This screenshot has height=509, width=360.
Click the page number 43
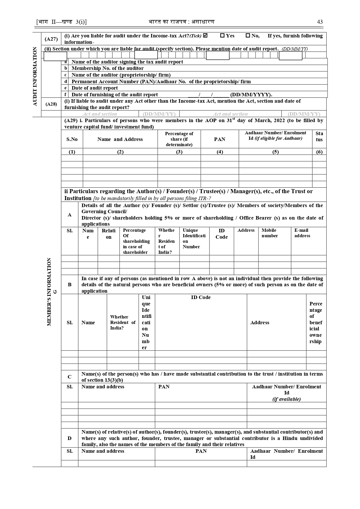320,22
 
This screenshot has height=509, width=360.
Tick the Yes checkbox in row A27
222,36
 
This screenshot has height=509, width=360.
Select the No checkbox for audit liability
248,36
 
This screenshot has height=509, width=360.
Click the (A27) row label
51,39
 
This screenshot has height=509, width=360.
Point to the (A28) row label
51,104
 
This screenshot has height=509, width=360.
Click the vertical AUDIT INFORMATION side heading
35,76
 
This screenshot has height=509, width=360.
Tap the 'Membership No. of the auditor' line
107,68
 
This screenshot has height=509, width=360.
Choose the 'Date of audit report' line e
95,88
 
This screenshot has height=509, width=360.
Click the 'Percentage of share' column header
179,139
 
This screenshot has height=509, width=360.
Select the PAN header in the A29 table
220,139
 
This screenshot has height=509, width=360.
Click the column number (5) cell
275,152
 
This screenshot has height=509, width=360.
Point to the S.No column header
72,139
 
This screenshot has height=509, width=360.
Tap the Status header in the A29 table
319,137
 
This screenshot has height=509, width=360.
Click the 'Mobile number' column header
269,233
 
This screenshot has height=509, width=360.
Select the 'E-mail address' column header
302,233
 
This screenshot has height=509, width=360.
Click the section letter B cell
70,285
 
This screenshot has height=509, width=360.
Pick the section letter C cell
70,377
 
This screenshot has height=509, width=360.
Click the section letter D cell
70,438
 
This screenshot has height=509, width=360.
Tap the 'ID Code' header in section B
201,298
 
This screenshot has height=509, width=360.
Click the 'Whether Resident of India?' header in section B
122,323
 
